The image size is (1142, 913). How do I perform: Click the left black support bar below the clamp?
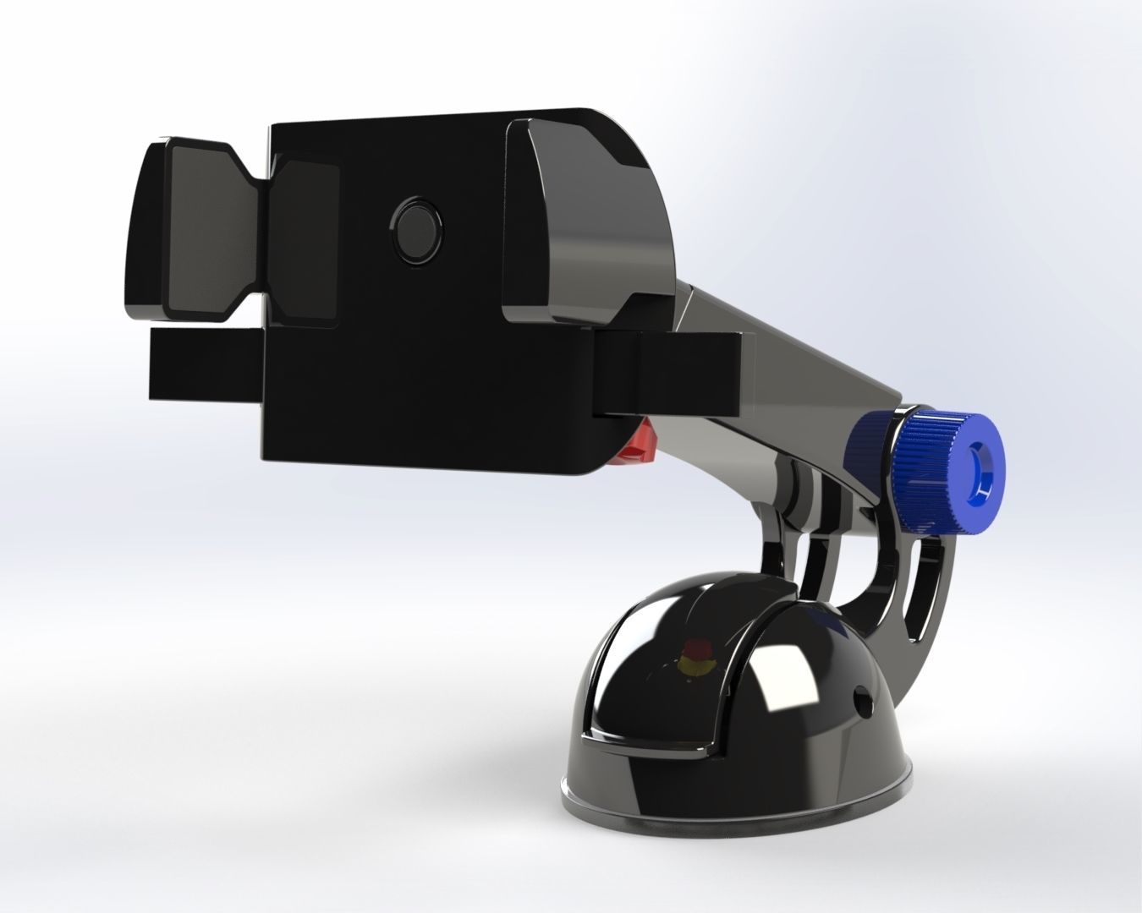point(207,364)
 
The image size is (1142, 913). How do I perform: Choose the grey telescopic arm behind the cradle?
point(804,372)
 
